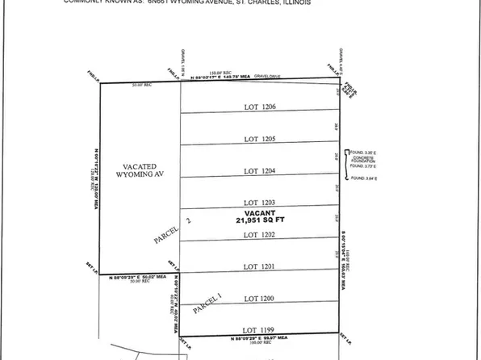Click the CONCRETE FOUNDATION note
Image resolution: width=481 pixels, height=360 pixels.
366,160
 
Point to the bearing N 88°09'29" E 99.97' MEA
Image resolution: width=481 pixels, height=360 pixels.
258,339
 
